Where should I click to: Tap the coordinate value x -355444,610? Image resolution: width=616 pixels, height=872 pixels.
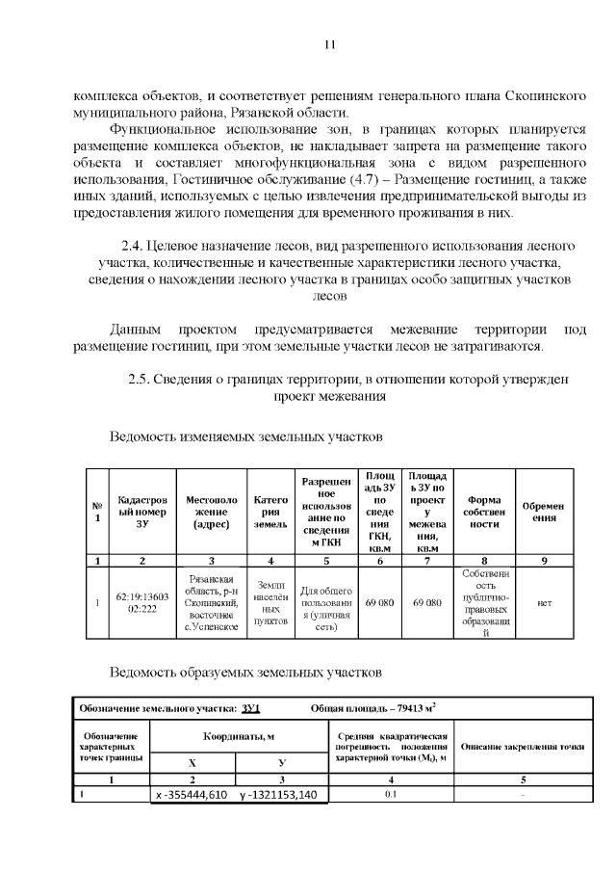(192, 796)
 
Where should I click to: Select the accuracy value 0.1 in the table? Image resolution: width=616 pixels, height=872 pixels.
(391, 795)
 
